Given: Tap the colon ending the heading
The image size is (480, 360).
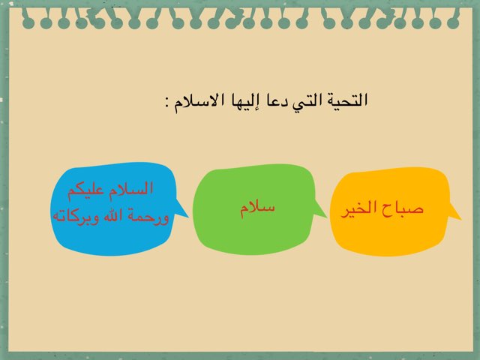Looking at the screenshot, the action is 167,102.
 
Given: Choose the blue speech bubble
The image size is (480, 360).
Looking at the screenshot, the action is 115,208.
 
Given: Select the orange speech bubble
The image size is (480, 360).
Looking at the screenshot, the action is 391,211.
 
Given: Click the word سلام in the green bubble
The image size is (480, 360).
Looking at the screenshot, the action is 257,209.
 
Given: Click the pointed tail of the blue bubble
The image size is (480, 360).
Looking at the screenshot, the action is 188,217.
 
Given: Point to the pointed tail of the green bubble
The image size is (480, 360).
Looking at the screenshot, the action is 327,217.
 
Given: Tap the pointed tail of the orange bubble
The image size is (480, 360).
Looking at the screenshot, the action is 460,219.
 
